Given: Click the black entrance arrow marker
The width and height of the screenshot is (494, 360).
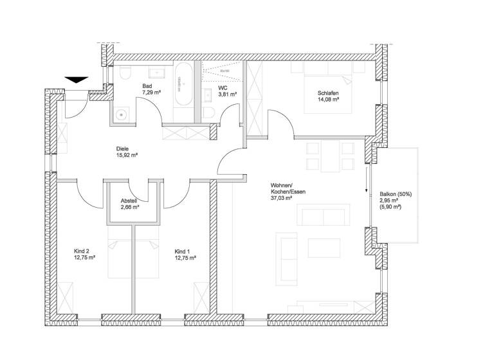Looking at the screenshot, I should (x=77, y=80).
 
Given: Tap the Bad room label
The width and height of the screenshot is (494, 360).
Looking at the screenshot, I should (x=147, y=86).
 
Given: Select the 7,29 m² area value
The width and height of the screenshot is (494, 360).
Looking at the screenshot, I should (x=152, y=93).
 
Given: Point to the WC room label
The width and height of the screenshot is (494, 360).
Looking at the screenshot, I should (x=223, y=87).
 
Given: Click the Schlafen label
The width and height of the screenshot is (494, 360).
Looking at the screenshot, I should (x=328, y=93).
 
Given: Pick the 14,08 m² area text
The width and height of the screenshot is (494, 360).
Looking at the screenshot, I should (x=329, y=100).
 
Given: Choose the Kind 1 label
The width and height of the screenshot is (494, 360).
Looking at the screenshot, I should (x=183, y=251).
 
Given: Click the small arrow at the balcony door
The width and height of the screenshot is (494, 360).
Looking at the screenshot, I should (x=366, y=184).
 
